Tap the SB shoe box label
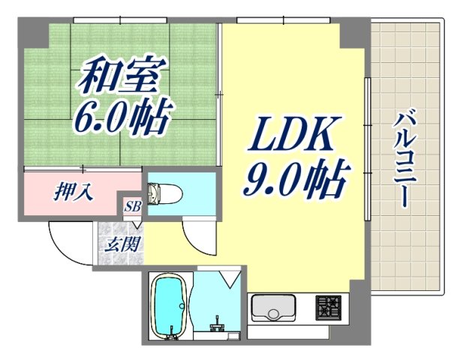(134, 205)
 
